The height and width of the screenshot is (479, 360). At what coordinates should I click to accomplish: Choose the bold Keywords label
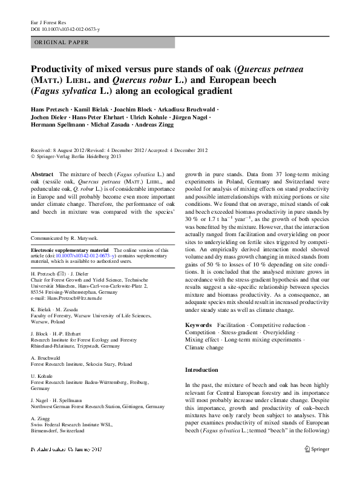click(198, 325)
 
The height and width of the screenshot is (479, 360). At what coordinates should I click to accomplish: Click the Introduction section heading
click(201, 369)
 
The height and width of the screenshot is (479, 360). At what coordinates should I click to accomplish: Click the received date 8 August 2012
click(66, 150)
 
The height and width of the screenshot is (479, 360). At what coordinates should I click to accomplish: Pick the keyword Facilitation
click(237, 325)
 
